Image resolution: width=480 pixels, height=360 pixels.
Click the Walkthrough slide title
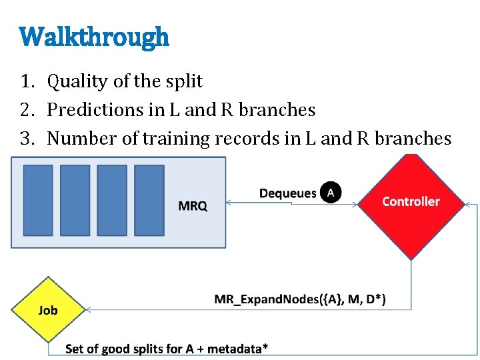click(x=95, y=37)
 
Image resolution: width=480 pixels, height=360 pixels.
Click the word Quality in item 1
click(x=75, y=82)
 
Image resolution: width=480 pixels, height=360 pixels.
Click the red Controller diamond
click(x=411, y=202)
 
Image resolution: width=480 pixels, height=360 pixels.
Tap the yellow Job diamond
click(x=47, y=310)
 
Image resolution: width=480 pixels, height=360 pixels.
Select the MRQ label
click(x=193, y=206)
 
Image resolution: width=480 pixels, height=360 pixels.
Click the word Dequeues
click(x=288, y=193)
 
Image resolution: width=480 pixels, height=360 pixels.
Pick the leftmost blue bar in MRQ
click(x=38, y=200)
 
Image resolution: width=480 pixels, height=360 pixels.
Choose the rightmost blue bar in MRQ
click(x=149, y=200)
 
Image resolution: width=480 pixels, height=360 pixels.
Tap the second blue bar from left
click(x=75, y=200)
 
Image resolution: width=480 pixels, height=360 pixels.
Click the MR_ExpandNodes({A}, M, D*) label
click(x=299, y=299)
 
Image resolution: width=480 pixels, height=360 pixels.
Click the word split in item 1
click(x=183, y=82)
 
